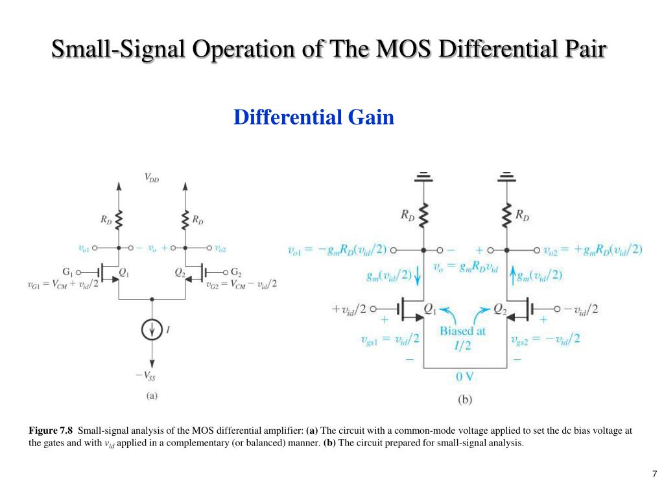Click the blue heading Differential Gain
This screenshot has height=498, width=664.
tap(314, 117)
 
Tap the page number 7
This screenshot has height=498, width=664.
tap(655, 473)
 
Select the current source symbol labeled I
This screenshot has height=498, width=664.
tap(152, 331)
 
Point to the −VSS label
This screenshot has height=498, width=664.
tap(145, 376)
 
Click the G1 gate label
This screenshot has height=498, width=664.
tap(67, 272)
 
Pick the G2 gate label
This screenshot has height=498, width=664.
tap(236, 272)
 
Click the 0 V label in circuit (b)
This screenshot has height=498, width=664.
tap(465, 376)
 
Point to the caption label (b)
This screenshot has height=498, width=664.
tap(465, 400)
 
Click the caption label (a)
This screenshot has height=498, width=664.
tap(151, 394)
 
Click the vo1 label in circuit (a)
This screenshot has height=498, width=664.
tap(84, 248)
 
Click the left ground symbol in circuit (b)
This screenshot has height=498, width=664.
tap(423, 176)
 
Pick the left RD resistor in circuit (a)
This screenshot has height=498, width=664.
tap(119, 220)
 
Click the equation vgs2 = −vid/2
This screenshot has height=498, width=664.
tap(545, 338)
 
